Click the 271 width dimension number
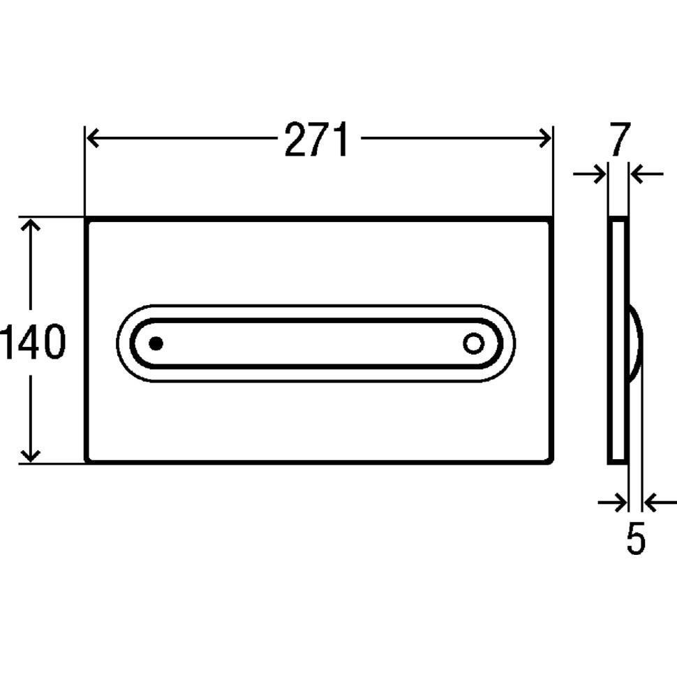tap(315, 140)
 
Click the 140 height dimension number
tap(33, 342)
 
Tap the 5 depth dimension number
tap(635, 539)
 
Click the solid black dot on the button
tap(156, 343)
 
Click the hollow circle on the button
tap(473, 343)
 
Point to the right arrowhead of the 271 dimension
tap(546, 138)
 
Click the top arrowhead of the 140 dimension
tap(30, 225)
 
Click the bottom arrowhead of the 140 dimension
tap(30, 455)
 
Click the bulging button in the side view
tap(636, 343)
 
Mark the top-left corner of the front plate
tap(86, 218)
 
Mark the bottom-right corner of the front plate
tap(553, 461)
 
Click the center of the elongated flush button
tap(315, 343)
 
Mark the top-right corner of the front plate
tap(553, 218)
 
